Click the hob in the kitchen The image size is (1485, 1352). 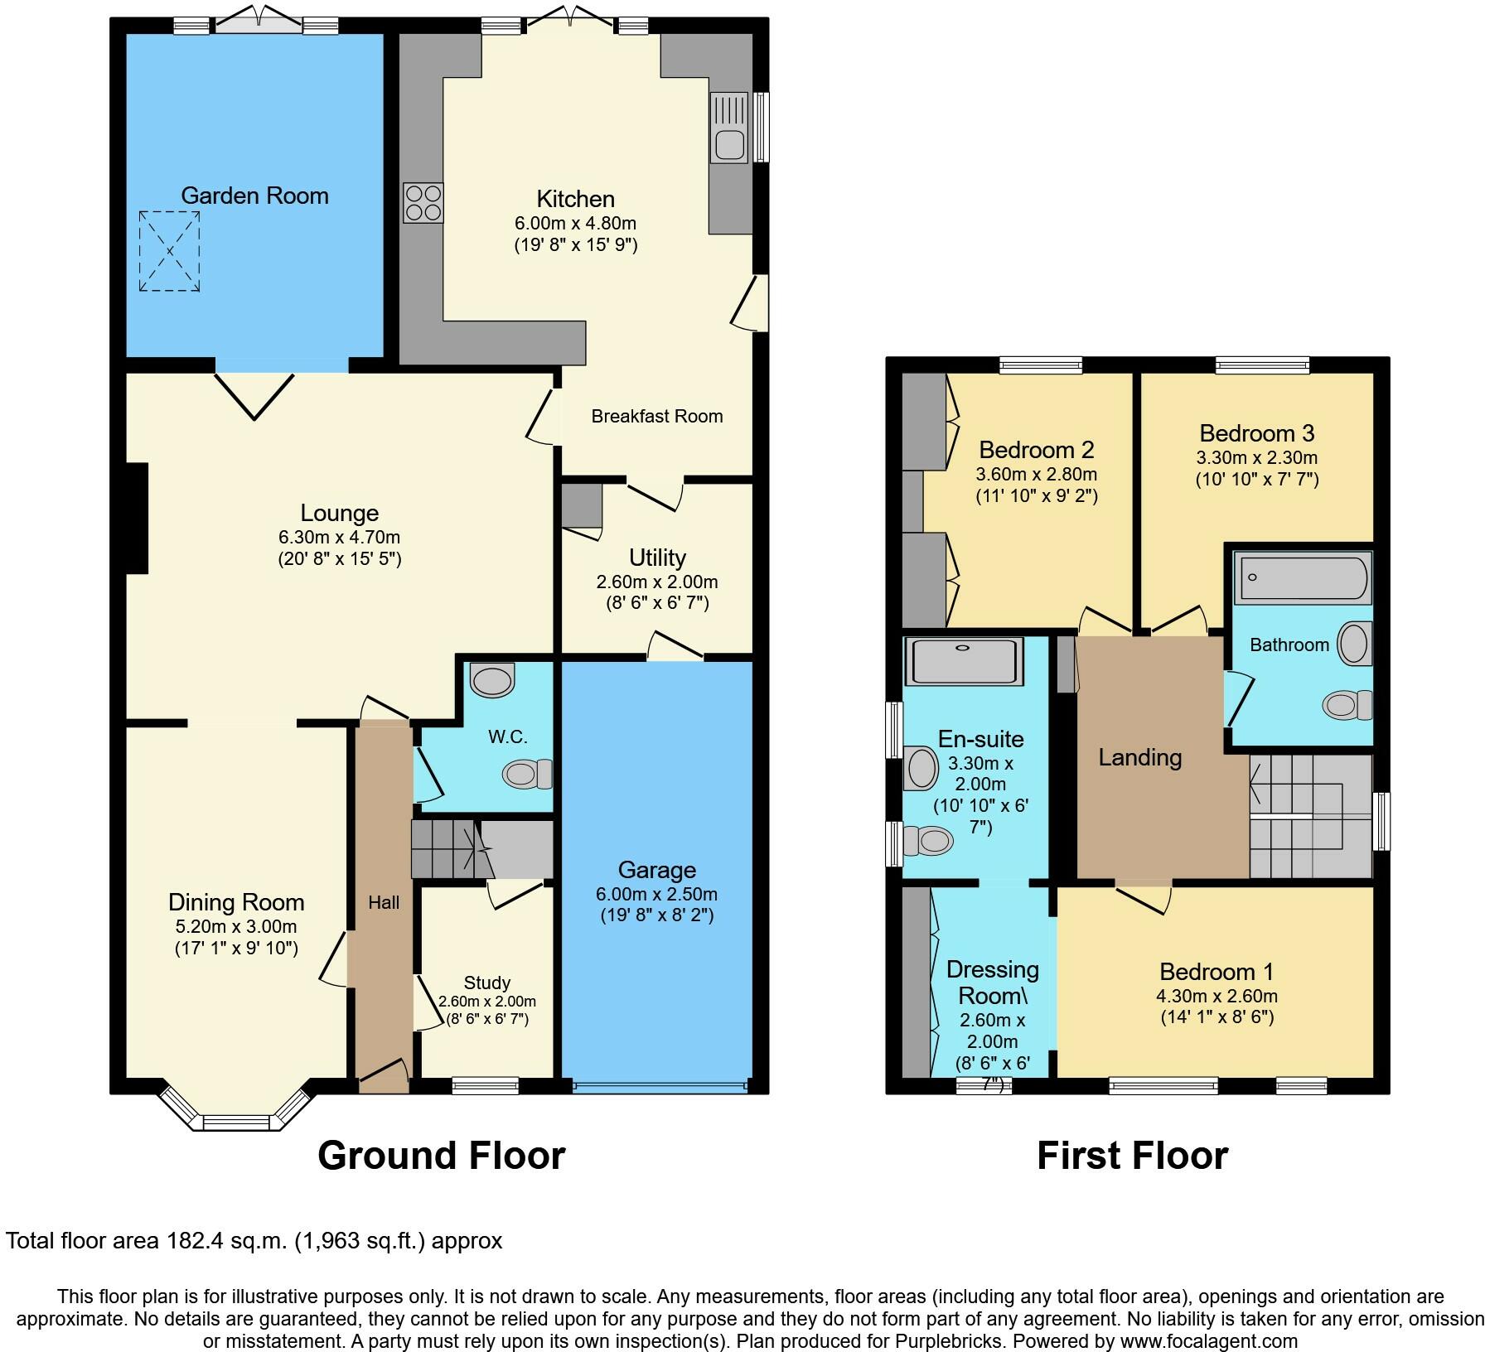423,203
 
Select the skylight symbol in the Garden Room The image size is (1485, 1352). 169,251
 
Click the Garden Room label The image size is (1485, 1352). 254,196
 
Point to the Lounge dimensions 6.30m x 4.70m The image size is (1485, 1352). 339,537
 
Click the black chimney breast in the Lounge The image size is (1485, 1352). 137,518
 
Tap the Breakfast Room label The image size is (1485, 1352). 656,416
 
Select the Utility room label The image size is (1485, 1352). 657,558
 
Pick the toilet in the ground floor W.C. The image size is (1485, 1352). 527,774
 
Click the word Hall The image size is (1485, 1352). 384,903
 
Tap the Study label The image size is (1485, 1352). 486,983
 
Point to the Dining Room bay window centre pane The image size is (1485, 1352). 237,1123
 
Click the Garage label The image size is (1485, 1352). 656,870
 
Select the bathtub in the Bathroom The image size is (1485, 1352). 1302,577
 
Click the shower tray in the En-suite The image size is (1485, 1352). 963,661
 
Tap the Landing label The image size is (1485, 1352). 1139,757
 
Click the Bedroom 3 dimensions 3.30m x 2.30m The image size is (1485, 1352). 1256,457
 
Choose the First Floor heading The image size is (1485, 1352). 1132,1156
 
